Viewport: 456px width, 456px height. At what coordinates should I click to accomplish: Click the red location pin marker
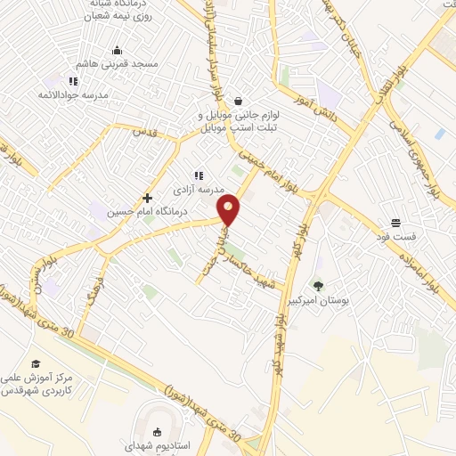(x=230, y=209)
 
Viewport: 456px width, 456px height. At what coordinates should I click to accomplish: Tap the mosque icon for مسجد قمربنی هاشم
(x=117, y=50)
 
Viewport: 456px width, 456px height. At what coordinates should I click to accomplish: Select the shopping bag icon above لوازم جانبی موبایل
(x=238, y=102)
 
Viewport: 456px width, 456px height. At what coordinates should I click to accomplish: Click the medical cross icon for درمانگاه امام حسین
(x=147, y=198)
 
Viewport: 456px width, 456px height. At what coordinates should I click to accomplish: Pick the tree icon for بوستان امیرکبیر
(x=319, y=286)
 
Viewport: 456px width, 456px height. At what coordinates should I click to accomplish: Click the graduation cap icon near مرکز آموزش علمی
(x=36, y=363)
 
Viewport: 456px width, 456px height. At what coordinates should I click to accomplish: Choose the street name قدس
(x=144, y=131)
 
